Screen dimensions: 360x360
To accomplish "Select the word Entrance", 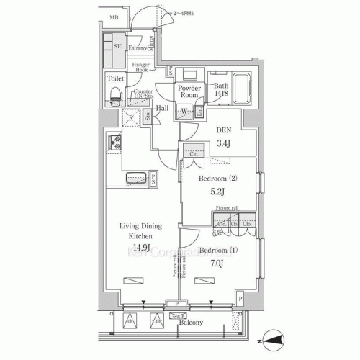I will click(x=138, y=48).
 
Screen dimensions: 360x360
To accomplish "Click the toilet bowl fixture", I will click(x=114, y=94).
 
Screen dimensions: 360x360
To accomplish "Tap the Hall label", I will click(x=162, y=108).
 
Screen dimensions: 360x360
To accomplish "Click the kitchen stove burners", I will click(x=114, y=144).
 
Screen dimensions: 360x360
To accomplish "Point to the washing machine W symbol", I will click(x=184, y=110).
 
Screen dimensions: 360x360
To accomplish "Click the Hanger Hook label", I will click(x=140, y=67).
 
